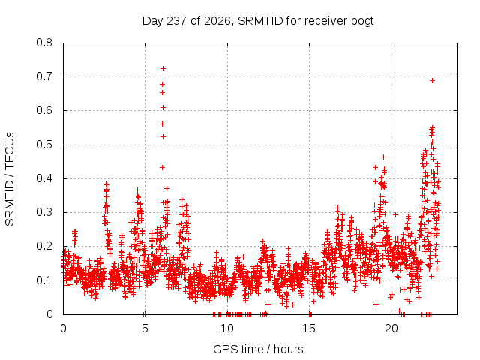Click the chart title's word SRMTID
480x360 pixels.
tap(260, 21)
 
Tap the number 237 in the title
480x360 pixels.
tap(177, 21)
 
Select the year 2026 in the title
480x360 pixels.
tap(217, 21)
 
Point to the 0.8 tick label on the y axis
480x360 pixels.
tap(44, 43)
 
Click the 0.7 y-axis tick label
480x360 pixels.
tap(44, 76)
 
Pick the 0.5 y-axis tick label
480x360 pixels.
tap(44, 145)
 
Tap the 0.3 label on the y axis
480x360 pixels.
tap(44, 212)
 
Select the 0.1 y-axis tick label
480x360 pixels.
tap(44, 280)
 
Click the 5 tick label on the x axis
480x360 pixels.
tap(145, 328)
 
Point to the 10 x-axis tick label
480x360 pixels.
tap(227, 328)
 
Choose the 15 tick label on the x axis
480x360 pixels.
tap(309, 328)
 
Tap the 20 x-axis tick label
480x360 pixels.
tap(391, 328)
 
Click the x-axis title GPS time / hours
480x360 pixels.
tap(258, 349)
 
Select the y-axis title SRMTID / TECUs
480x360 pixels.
tap(10, 179)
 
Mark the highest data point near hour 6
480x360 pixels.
tap(163, 68)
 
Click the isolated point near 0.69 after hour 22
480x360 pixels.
tap(432, 80)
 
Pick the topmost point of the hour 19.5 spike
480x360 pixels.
tap(383, 157)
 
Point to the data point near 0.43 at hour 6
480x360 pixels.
tap(163, 167)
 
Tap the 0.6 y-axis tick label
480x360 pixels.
tap(44, 110)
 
